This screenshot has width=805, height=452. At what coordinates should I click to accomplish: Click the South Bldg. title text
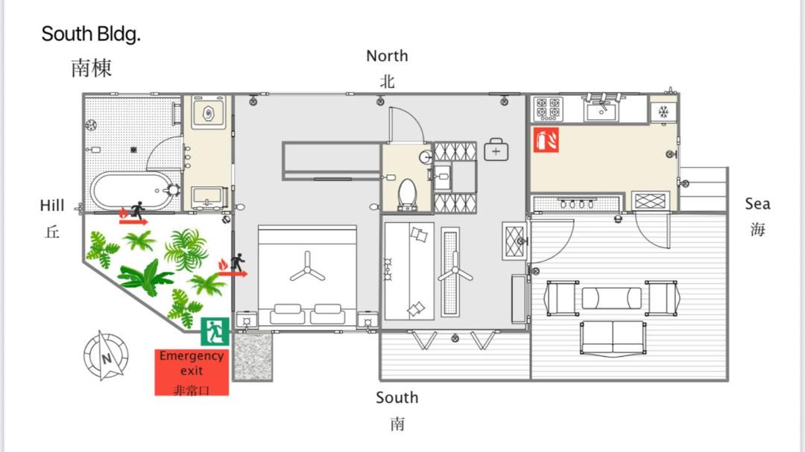(91, 34)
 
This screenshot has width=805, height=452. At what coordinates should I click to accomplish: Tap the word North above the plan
(387, 55)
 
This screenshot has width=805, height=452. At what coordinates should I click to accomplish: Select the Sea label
(757, 204)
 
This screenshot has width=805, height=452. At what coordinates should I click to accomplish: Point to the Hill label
(52, 206)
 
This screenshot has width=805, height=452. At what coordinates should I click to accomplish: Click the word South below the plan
(397, 398)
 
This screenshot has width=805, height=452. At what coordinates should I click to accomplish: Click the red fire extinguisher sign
(546, 140)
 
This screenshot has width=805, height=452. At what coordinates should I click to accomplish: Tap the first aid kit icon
(496, 150)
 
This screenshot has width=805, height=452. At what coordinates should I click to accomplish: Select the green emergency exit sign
(215, 331)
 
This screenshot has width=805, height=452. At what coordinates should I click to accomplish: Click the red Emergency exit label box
(192, 372)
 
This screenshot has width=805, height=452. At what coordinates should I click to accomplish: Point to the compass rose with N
(106, 355)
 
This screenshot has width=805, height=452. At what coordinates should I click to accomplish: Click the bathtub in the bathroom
(133, 191)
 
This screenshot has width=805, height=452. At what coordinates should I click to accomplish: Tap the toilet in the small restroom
(407, 194)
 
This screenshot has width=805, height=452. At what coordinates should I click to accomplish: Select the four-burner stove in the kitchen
(549, 108)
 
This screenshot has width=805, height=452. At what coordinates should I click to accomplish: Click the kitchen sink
(602, 109)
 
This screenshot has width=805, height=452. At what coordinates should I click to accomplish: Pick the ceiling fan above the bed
(308, 268)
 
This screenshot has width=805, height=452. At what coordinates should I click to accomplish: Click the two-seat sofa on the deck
(613, 339)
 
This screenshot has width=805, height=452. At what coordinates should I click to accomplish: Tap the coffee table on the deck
(611, 298)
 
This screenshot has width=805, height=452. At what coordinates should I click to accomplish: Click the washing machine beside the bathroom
(209, 112)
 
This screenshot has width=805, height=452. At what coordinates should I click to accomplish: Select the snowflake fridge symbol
(664, 112)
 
